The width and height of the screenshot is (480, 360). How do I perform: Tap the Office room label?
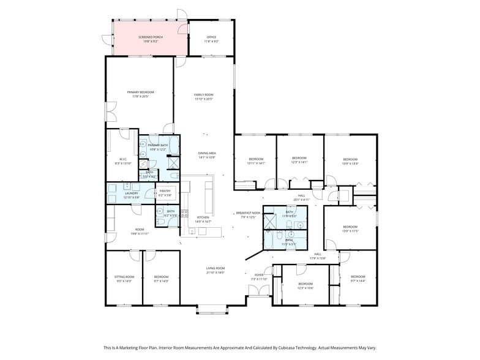[x=211, y=39]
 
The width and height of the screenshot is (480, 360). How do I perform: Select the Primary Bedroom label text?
[x=138, y=94]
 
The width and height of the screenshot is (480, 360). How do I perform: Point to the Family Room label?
[x=204, y=96]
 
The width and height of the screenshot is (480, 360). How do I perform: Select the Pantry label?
[x=165, y=193]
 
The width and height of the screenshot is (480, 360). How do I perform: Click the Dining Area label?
[x=207, y=155]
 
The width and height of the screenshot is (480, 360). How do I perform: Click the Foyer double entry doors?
[x=258, y=291]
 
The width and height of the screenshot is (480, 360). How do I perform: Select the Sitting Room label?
[x=124, y=279]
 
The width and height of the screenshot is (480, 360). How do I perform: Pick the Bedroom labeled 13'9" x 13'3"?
[x=350, y=161]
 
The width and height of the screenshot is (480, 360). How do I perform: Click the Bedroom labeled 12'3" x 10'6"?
[x=305, y=285]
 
